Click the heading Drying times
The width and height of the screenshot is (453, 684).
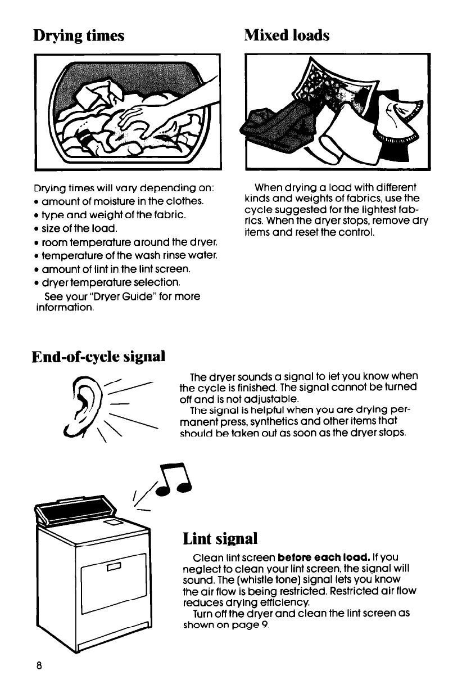[79, 36]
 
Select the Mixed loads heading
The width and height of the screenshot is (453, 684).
[286, 35]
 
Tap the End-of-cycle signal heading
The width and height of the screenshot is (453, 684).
[98, 355]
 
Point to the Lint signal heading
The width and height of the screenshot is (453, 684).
[220, 539]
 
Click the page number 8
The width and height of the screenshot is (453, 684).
[39, 664]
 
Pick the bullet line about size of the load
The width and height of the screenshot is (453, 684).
[76, 229]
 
